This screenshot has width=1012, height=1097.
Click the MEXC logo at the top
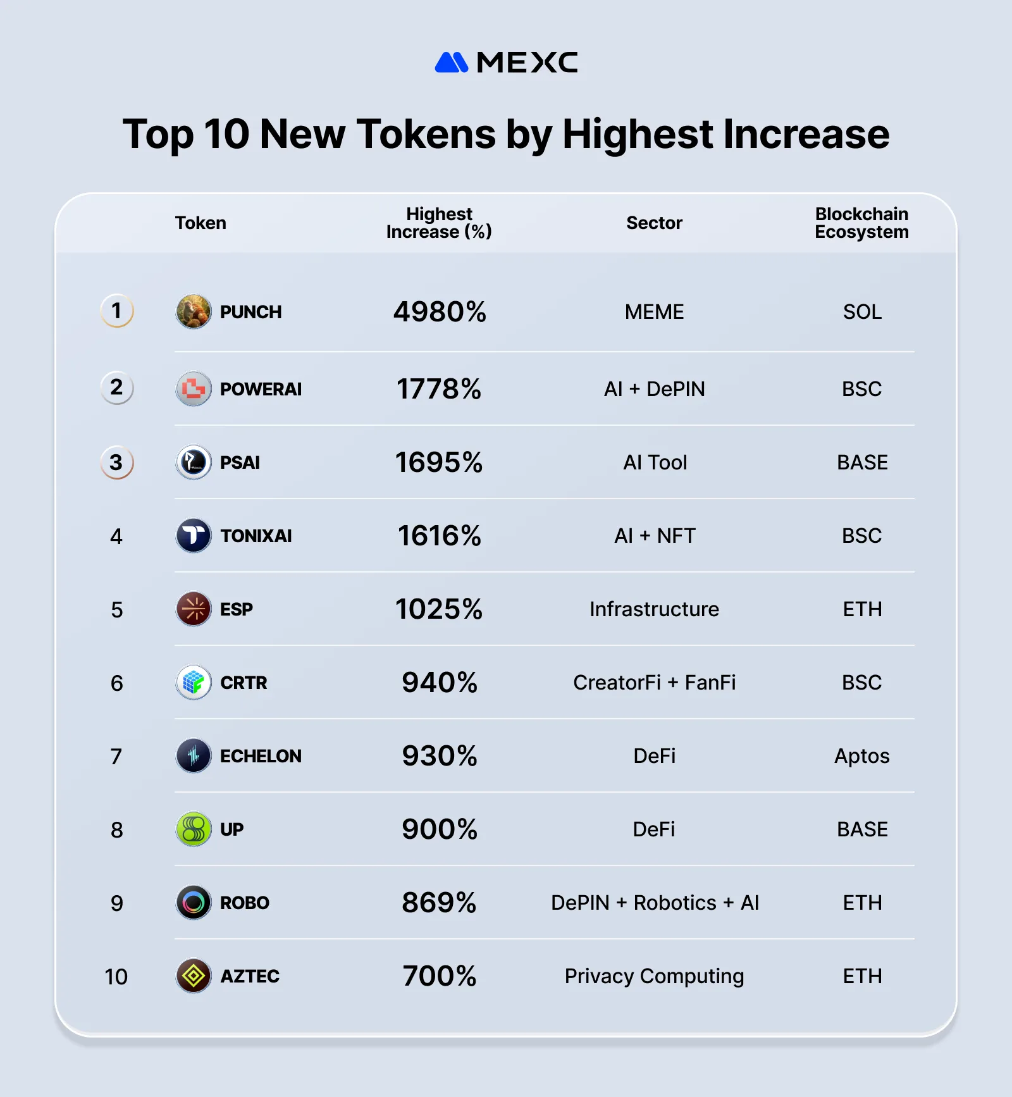(x=506, y=62)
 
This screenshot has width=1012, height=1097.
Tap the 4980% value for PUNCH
(x=440, y=312)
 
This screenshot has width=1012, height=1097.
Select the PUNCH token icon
(x=194, y=311)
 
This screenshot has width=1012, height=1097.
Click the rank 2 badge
(x=117, y=387)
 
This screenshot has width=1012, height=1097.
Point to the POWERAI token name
(x=261, y=389)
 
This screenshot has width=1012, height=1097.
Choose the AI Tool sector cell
(x=655, y=462)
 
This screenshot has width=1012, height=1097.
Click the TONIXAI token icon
(x=194, y=536)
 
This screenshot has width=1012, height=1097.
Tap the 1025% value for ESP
(x=439, y=609)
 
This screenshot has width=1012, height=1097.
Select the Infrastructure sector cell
(x=654, y=609)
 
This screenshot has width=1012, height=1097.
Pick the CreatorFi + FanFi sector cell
(x=654, y=683)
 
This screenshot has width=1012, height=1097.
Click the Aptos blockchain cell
(x=861, y=756)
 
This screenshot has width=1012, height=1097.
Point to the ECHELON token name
(x=261, y=756)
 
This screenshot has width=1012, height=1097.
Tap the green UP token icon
(x=194, y=829)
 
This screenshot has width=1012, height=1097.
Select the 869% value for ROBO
(x=439, y=903)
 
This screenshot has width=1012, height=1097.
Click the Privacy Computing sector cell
(x=654, y=976)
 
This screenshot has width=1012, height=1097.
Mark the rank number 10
(x=116, y=977)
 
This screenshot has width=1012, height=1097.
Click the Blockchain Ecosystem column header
(x=861, y=223)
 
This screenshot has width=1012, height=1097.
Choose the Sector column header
(x=654, y=223)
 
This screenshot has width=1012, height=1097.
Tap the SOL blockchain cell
(x=862, y=312)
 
